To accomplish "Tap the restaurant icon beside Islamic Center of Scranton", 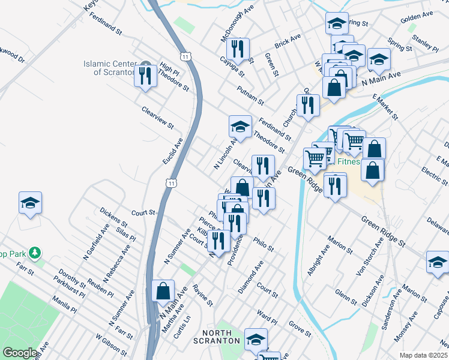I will coord(145,74).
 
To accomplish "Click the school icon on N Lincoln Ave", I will coord(240,127).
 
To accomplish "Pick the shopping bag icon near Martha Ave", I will coord(163,292).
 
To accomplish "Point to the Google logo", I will coord(20,353).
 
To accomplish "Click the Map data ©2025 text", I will coord(423,355).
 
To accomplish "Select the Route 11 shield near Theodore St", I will coord(188,56).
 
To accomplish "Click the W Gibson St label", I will coord(110,347).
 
